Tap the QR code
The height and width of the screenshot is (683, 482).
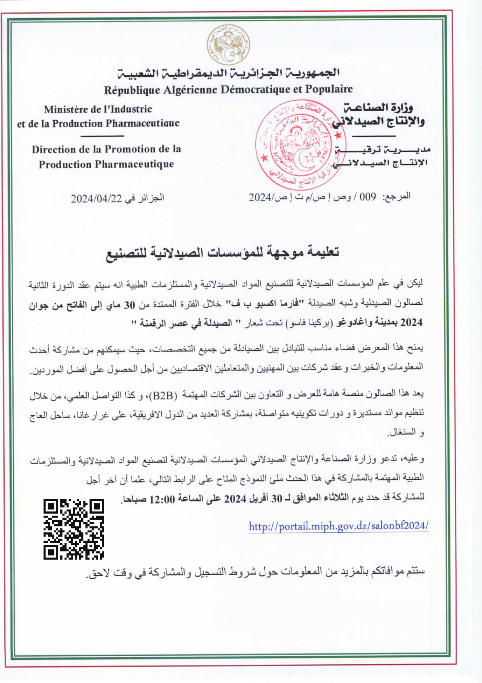click(x=74, y=529)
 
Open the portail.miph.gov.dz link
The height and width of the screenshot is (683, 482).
click(x=338, y=526)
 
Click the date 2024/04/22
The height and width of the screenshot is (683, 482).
click(x=96, y=198)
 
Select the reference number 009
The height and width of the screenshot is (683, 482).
click(x=368, y=197)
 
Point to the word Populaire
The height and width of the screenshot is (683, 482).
click(x=328, y=90)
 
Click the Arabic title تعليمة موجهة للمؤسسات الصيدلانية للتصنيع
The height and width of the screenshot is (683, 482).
click(x=223, y=253)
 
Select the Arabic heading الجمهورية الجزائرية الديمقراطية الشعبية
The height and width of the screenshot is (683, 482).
click(x=229, y=73)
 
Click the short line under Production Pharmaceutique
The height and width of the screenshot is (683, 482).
click(x=103, y=136)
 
